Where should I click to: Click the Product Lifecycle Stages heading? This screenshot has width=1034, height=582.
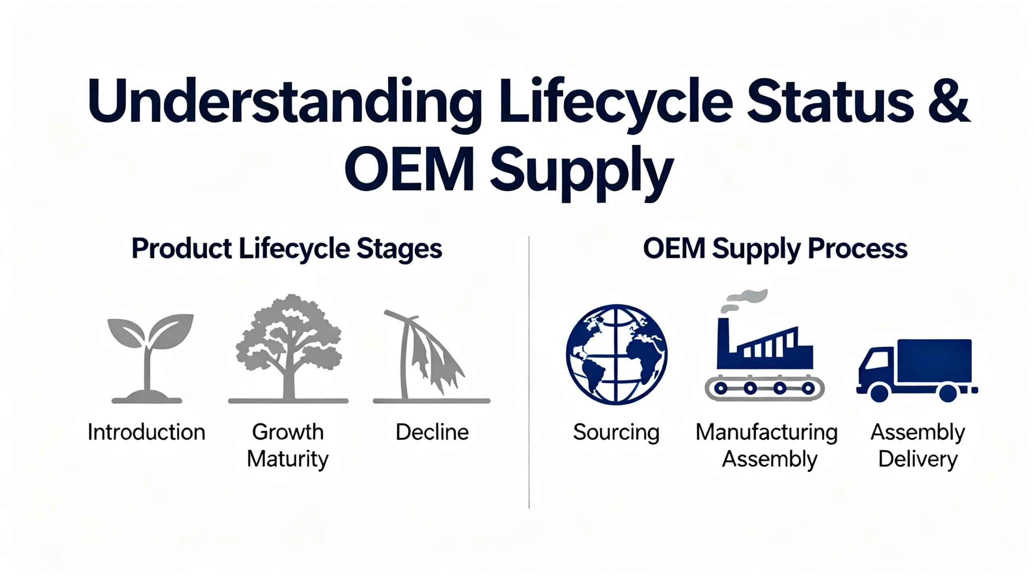point(287,249)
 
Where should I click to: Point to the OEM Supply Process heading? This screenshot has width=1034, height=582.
point(775,249)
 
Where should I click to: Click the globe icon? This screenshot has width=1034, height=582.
point(616,354)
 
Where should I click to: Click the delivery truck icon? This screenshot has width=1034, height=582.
point(917,370)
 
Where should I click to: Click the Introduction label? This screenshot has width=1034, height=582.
point(146,432)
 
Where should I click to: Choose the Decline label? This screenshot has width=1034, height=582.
point(432,432)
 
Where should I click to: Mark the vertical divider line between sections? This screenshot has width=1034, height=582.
point(529,372)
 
